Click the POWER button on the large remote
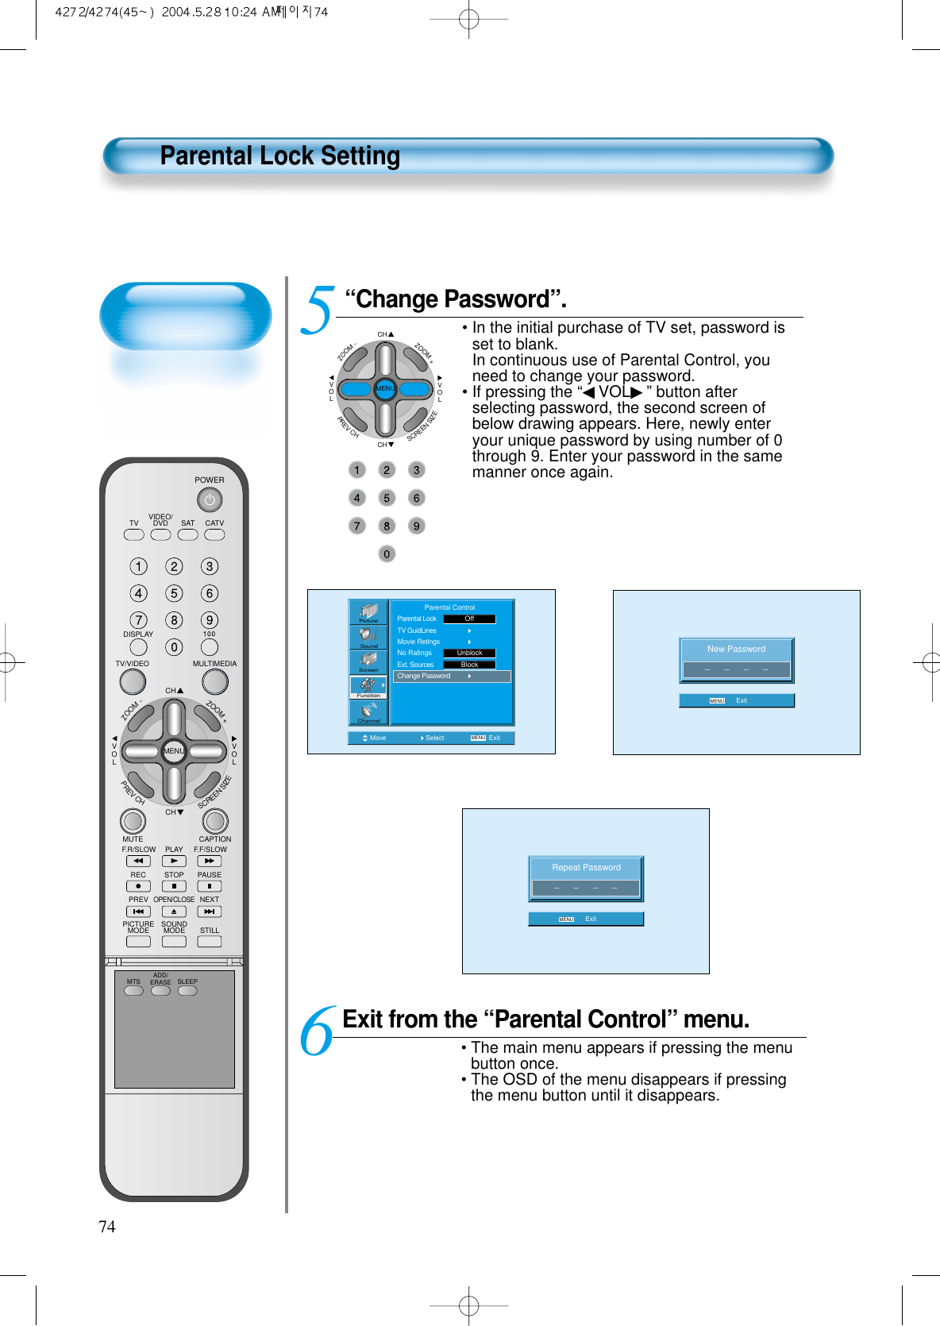210,500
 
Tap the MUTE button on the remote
133,821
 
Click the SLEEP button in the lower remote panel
187,990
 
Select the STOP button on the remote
174,886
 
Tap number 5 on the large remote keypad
174,593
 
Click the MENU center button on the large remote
174,751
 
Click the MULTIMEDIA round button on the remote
214,681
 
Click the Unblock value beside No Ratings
469,653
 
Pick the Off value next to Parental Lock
469,619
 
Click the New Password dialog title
736,650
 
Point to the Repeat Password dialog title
586,868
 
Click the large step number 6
318,1031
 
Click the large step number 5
318,310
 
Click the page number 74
106,1227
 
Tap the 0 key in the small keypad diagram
387,554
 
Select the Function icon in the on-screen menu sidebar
368,687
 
